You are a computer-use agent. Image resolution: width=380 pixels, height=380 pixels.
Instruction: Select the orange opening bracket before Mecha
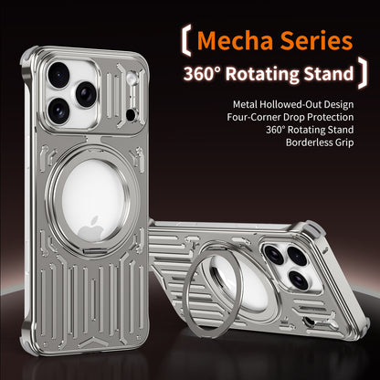[x=186, y=41]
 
